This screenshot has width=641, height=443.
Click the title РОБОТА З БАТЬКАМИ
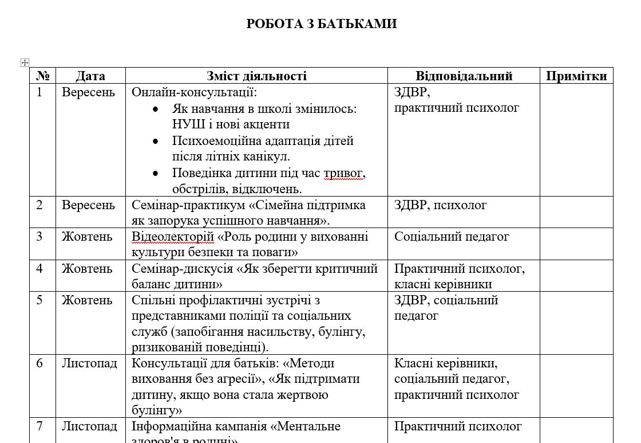321,23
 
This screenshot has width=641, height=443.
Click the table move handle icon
25,62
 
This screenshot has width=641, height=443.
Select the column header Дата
90,76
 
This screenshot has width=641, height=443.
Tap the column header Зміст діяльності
256,76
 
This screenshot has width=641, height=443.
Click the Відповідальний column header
464,76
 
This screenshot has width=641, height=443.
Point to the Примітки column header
576,76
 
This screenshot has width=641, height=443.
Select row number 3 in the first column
39,237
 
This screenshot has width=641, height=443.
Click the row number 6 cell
39,363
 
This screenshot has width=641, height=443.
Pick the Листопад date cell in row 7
89,426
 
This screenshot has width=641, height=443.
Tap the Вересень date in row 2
88,205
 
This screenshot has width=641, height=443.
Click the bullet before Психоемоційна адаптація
155,141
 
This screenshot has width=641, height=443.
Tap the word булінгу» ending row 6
157,410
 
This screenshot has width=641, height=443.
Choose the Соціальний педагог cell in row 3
452,237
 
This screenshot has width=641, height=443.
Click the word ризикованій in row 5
163,347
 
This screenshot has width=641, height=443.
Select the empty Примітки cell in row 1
576,140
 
